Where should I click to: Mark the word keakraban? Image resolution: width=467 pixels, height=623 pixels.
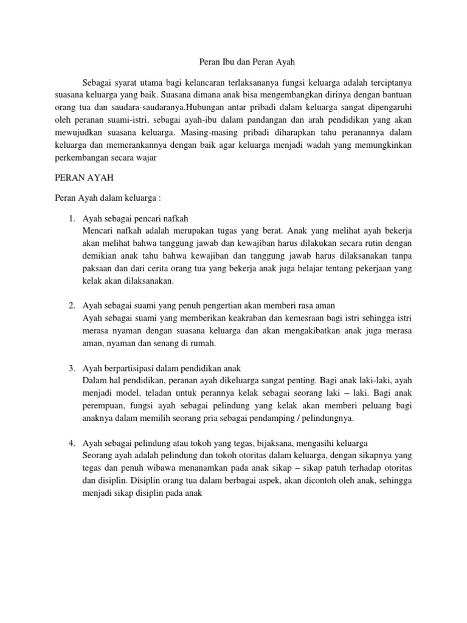click(x=235, y=318)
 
